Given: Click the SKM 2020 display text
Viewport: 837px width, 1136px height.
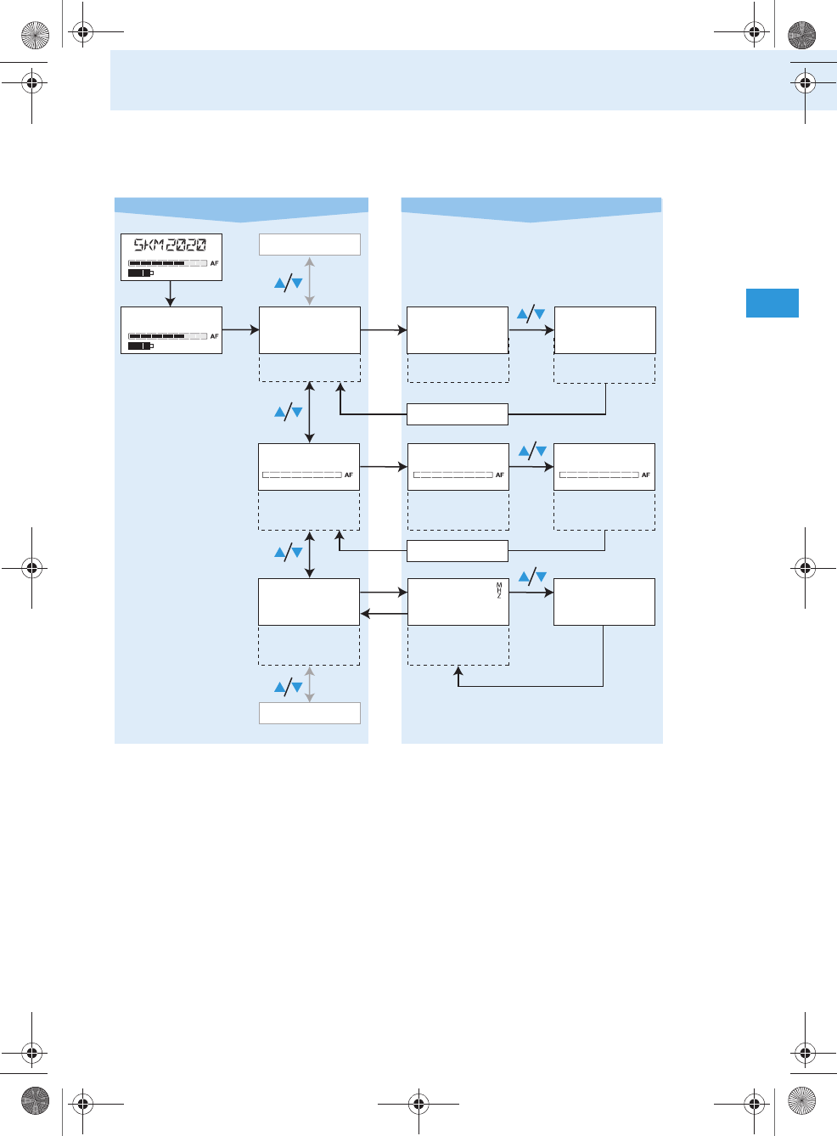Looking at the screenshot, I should pos(170,245).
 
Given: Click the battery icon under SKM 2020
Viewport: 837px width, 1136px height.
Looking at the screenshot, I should pos(140,273).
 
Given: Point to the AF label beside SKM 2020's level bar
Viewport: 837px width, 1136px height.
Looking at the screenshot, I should pos(215,263).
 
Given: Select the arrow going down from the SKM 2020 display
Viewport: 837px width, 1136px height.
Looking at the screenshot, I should pos(171,294).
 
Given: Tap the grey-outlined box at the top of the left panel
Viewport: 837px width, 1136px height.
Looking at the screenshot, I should pos(309,245).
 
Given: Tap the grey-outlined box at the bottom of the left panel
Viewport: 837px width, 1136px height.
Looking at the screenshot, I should pos(309,713).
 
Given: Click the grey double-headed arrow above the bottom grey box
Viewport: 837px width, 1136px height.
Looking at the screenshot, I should pos(310,684).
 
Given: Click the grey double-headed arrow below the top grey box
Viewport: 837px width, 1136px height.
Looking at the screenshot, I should pos(310,281).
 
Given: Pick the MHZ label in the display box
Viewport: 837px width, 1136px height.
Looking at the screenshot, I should pos(499,590).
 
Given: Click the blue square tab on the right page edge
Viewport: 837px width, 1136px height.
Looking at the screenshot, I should pos(772,303).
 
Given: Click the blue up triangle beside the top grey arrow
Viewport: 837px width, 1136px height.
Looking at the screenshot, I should pos(280,284).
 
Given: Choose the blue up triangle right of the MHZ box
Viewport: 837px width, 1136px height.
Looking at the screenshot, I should pos(524,577).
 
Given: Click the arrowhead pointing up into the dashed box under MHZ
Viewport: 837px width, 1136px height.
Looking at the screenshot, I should pos(458,672).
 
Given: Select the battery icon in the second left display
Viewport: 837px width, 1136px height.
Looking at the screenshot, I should pos(140,346).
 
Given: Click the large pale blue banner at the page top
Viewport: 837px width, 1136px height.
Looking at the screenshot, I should pos(473,80).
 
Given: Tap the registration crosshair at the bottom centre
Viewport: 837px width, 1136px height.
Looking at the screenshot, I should pos(418,1104).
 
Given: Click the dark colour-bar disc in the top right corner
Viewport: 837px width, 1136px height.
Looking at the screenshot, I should pos(801,35).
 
